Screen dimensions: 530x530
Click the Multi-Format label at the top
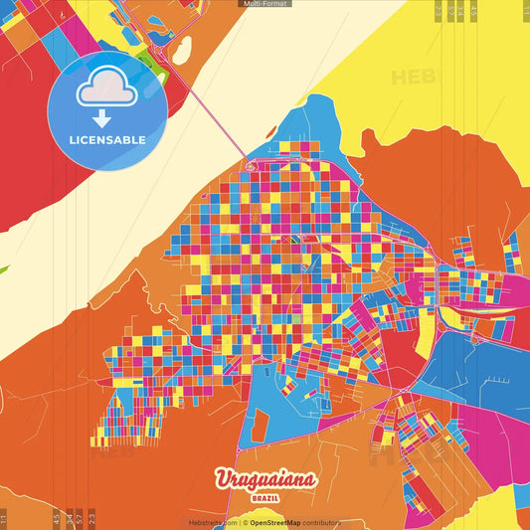[265, 4]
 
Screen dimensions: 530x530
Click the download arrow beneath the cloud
[101, 117]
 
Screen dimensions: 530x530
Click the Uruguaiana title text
[265, 480]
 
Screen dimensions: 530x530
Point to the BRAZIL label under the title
[265, 497]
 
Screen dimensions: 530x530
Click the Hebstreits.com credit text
[213, 522]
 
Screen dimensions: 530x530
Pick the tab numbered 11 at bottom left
[4, 519]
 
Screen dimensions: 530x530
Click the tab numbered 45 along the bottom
[57, 519]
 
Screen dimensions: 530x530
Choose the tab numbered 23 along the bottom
[91, 519]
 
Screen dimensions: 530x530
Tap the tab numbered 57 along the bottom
[80, 519]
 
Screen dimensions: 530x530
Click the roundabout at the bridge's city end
[251, 167]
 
